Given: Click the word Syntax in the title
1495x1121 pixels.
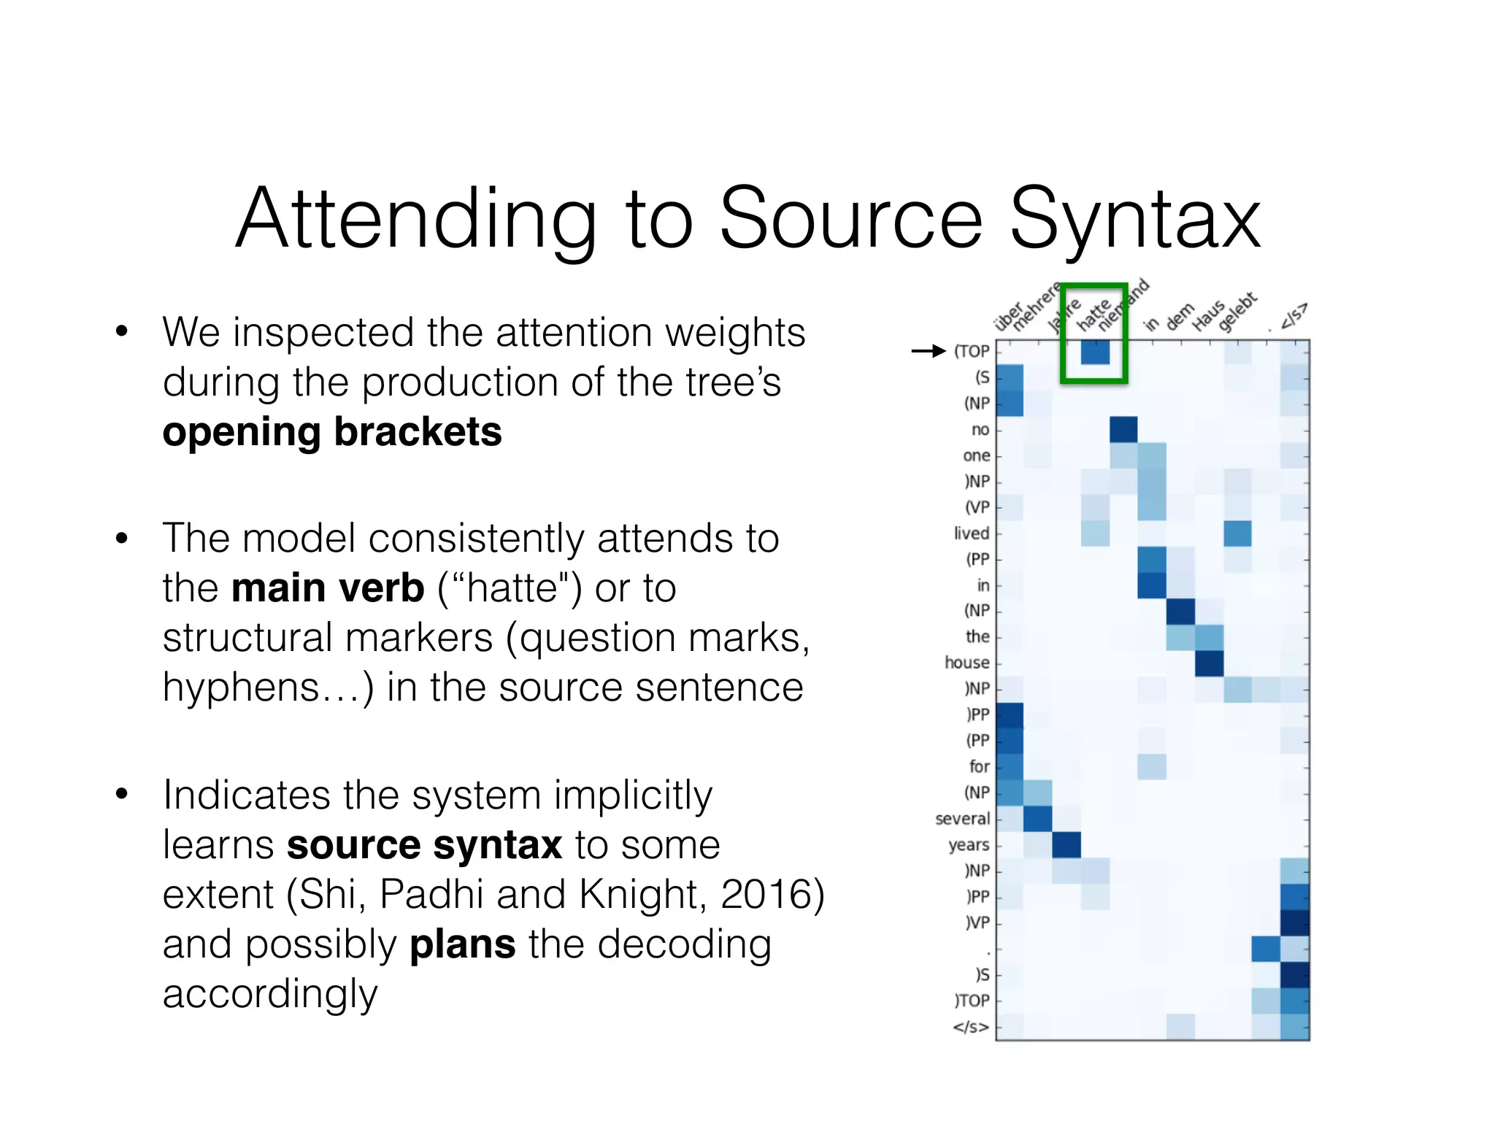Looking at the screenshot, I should [1135, 219].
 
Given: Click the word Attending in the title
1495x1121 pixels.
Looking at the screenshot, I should [417, 219].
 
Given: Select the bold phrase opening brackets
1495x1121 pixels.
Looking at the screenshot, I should [332, 431].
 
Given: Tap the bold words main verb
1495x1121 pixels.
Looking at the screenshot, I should [328, 588].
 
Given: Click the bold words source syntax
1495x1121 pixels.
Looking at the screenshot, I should [424, 845].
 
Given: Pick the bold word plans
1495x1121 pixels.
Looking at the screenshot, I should [462, 944].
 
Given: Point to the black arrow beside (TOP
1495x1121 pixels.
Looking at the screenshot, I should [929, 351].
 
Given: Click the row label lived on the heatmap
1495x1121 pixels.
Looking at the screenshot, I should [971, 533].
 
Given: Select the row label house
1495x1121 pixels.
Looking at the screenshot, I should [966, 663].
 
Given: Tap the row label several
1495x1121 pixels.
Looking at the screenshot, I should [962, 819].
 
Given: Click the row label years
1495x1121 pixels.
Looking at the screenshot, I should [969, 845].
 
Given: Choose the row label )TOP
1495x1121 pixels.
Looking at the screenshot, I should [972, 1001].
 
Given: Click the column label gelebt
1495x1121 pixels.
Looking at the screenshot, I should [1237, 312].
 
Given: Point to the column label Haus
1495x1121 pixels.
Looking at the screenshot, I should [1208, 315].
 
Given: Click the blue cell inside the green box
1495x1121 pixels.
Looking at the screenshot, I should [1095, 352].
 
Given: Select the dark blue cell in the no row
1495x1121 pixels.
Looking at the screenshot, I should [1123, 430].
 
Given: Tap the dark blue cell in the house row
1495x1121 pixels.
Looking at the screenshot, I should [1209, 663].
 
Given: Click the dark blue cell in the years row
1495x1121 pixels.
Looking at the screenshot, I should [1067, 845].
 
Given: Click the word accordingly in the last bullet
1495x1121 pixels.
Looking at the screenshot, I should [270, 995].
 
